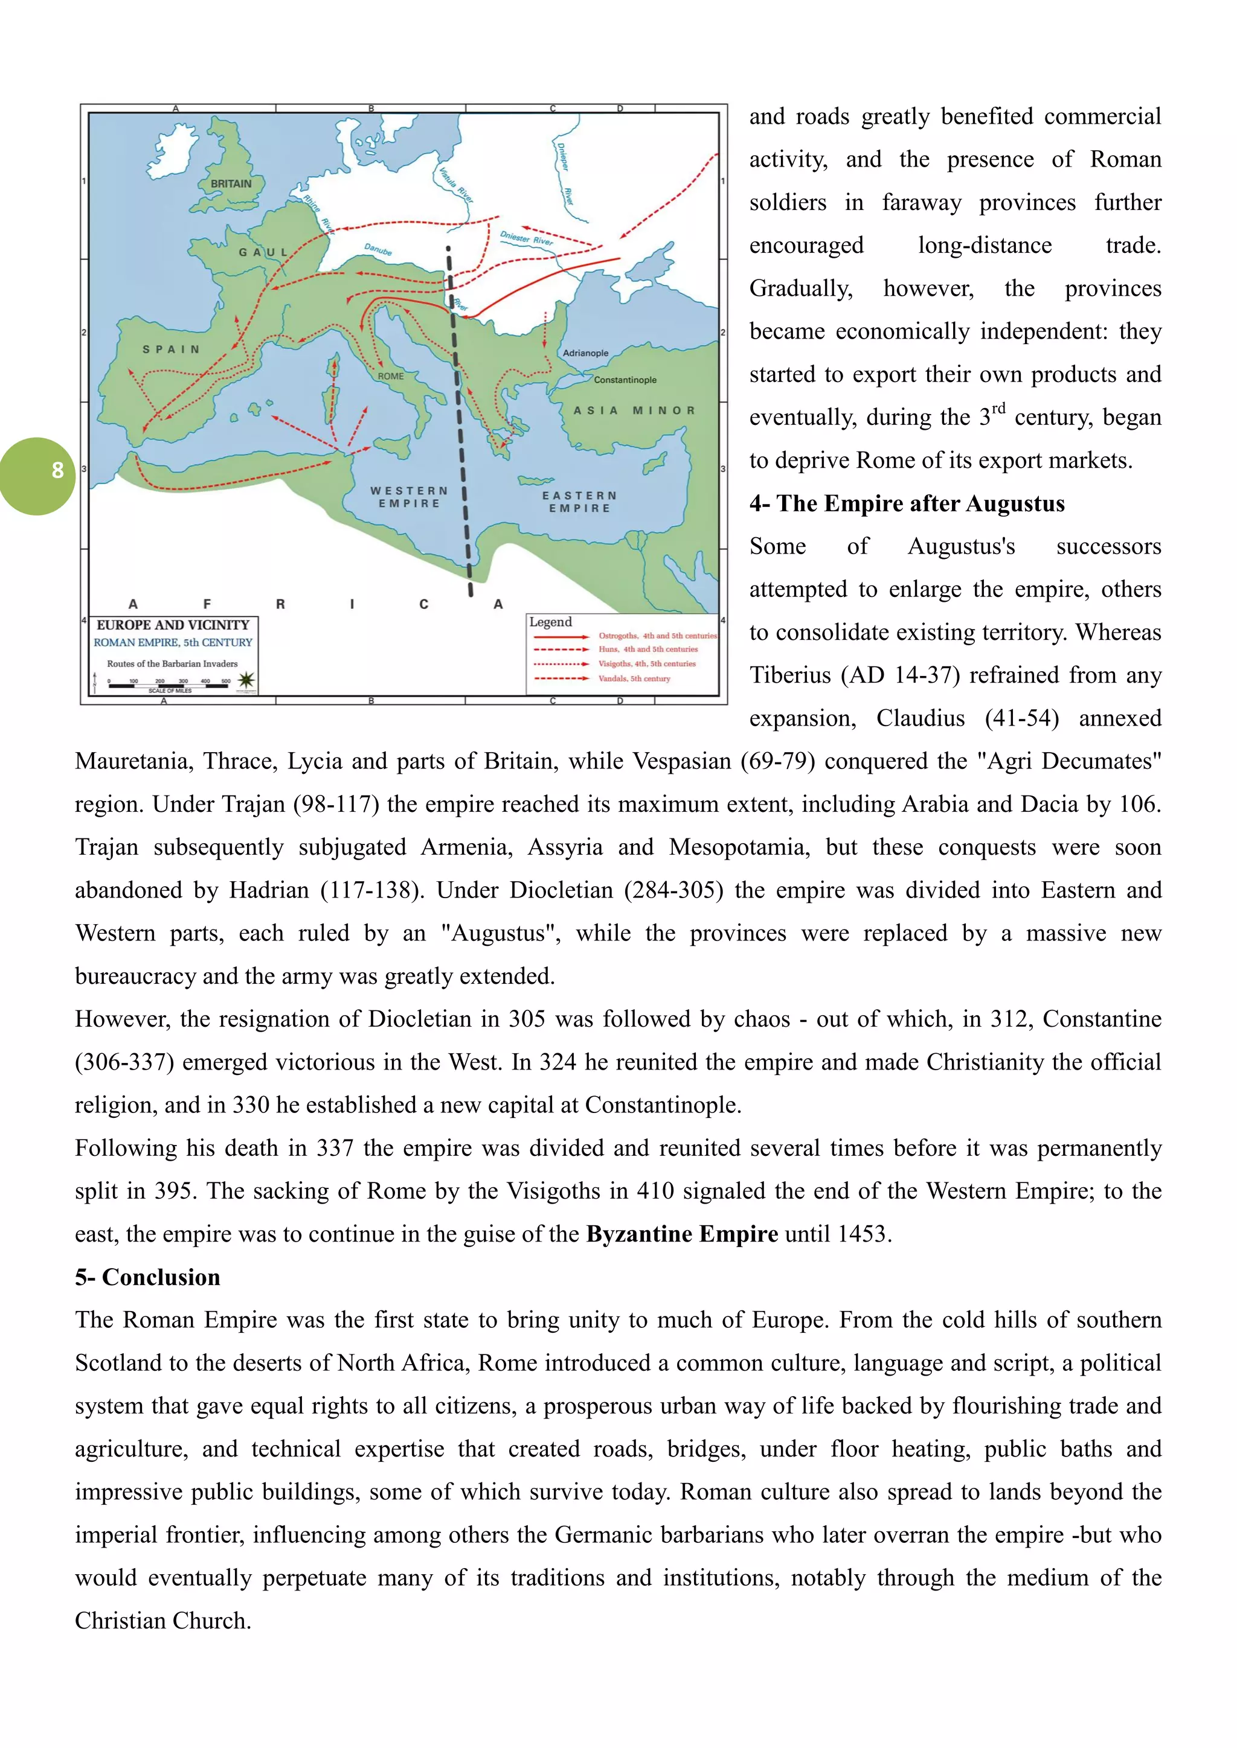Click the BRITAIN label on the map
[231, 183]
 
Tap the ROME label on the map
[391, 376]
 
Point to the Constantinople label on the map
[625, 380]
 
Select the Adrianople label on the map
[585, 353]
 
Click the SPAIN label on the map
[172, 349]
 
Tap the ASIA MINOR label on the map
[634, 410]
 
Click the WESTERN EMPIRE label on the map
[409, 497]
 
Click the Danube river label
[378, 250]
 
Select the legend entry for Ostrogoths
[657, 636]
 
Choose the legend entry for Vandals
[634, 678]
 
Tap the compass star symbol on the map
[246, 680]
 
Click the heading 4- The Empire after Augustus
[907, 504]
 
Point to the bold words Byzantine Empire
[682, 1234]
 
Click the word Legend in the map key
[550, 622]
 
